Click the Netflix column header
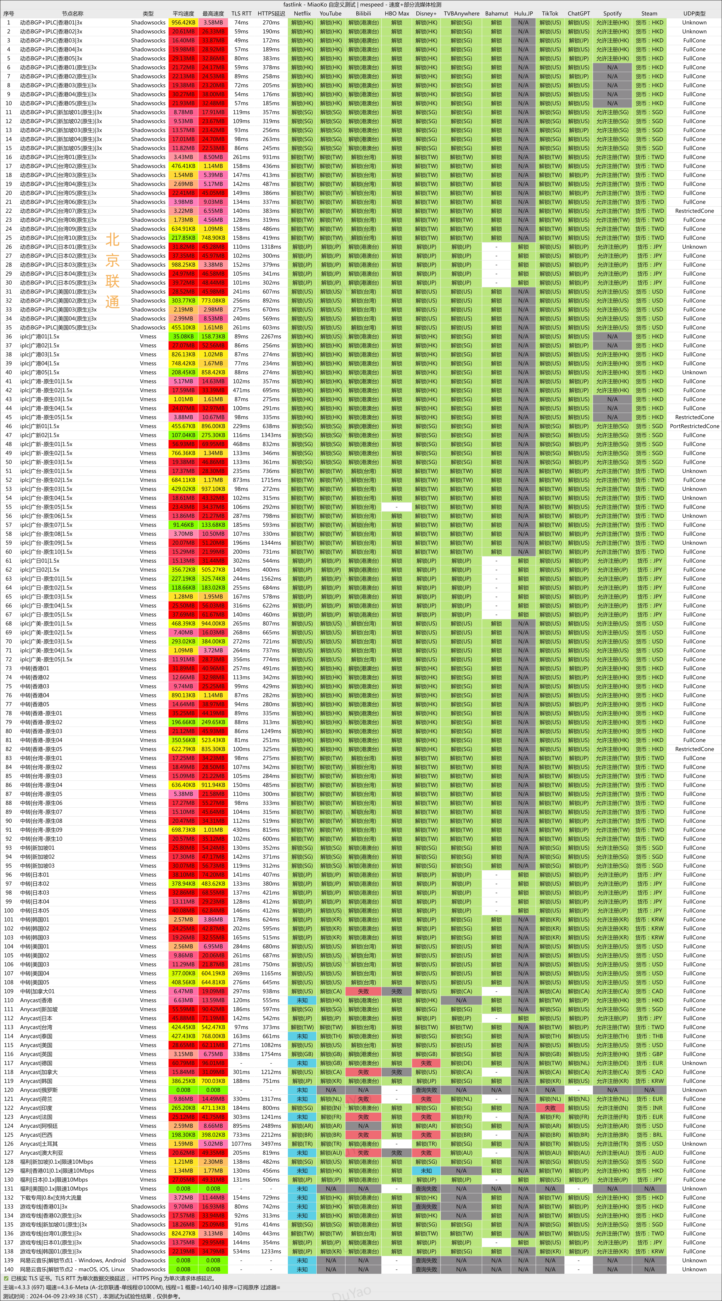302,14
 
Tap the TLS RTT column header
241,14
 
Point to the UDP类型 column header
694,14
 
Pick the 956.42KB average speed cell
183,23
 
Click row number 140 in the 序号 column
9,1269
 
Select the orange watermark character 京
112,261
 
